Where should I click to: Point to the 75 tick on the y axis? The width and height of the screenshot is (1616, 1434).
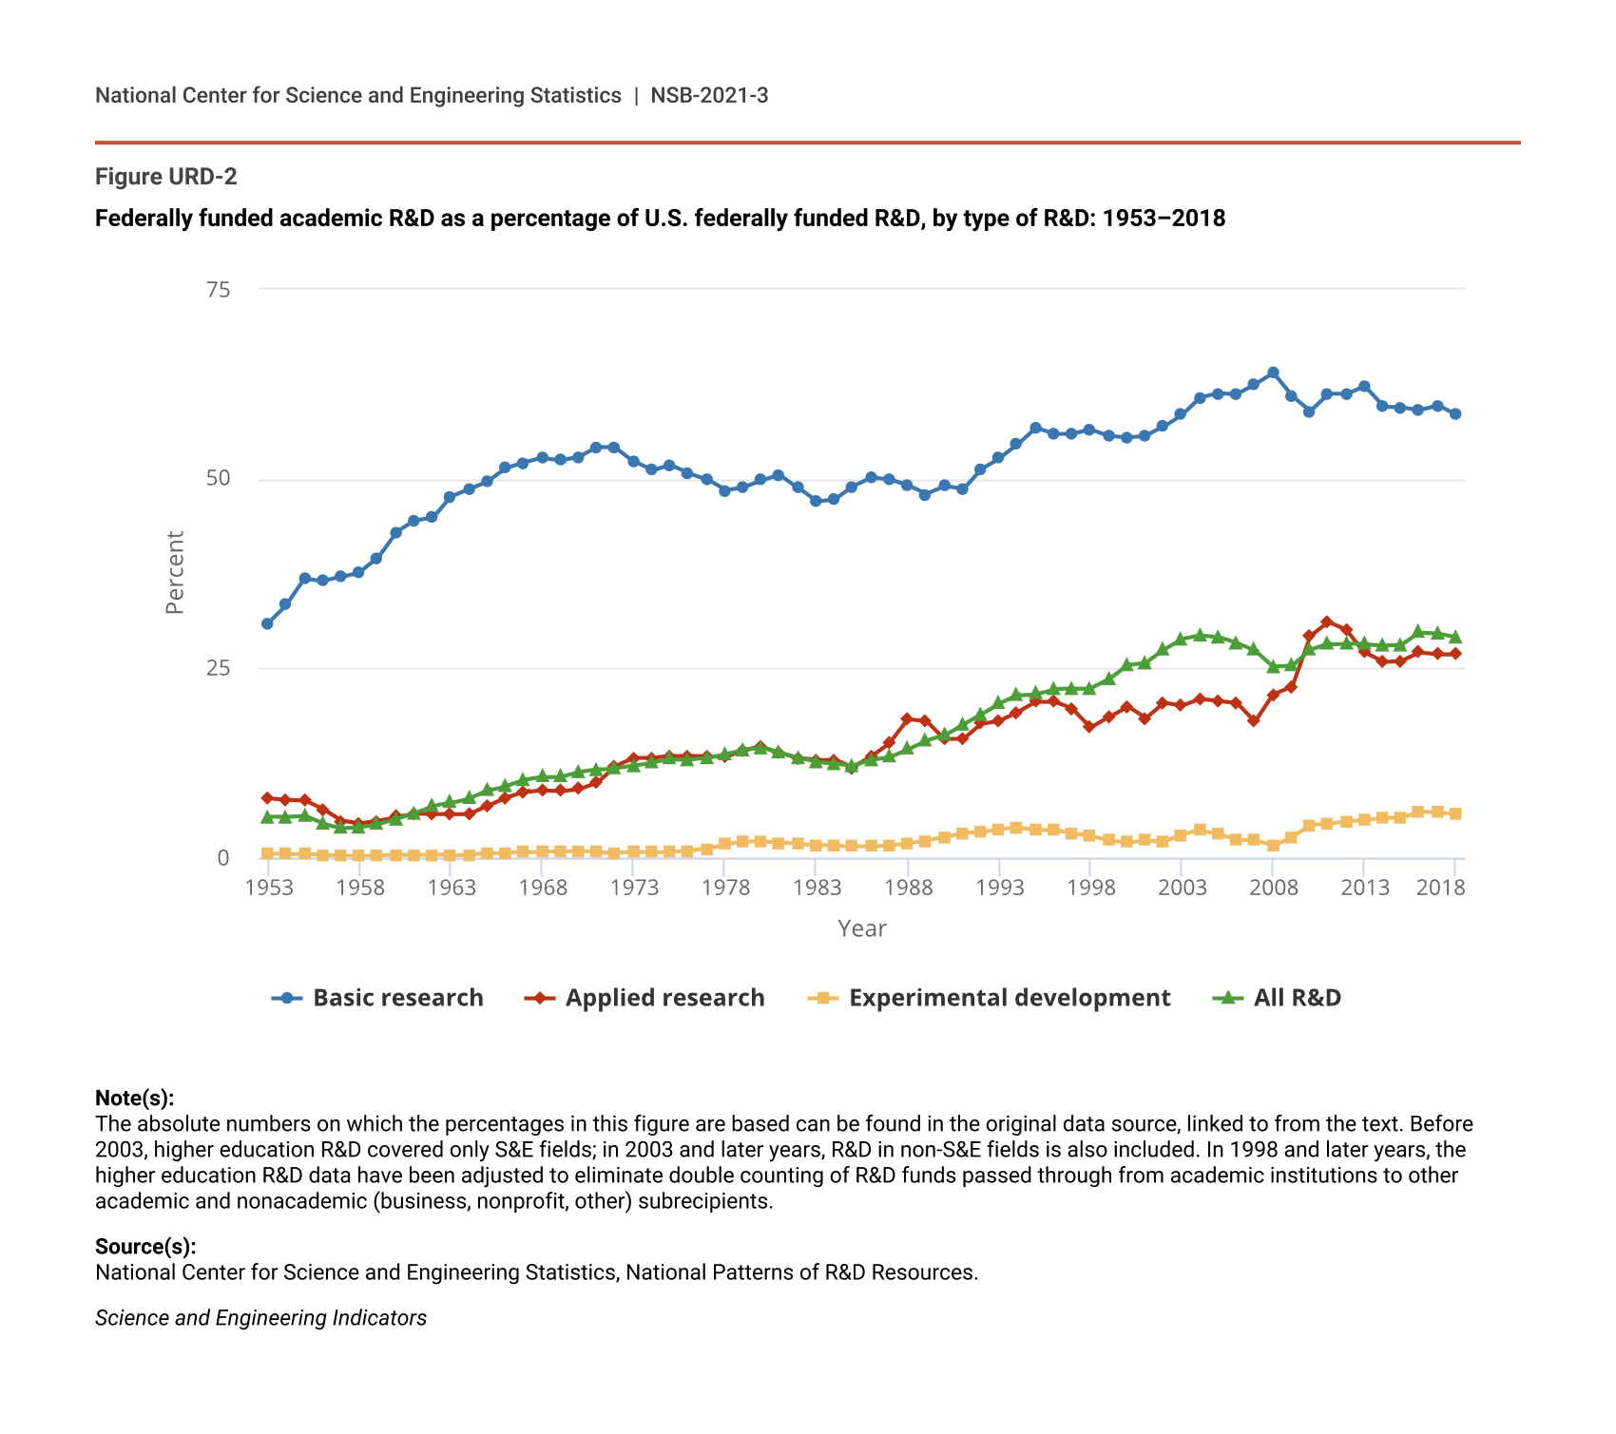click(219, 290)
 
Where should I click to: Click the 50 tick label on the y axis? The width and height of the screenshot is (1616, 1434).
click(219, 478)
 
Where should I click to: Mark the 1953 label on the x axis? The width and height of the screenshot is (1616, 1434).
click(268, 888)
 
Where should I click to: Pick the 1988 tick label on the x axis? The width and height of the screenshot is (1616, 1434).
click(908, 888)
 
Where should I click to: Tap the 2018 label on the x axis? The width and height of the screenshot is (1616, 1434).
click(1439, 888)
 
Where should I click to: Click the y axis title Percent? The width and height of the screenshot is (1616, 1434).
click(175, 572)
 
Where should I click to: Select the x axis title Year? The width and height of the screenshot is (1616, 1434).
click(861, 928)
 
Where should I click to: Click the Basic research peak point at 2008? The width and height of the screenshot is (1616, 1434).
click(1273, 373)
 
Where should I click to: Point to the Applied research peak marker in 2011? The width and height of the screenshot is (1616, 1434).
click(1327, 621)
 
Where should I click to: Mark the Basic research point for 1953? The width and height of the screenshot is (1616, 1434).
click(267, 623)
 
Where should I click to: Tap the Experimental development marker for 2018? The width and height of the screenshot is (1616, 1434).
click(1455, 813)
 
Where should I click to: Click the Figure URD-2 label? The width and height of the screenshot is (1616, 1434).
click(165, 177)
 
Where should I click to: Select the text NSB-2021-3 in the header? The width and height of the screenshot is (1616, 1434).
click(709, 95)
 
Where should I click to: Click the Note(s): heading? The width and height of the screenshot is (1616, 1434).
click(134, 1099)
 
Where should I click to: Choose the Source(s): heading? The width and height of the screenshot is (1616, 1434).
click(145, 1247)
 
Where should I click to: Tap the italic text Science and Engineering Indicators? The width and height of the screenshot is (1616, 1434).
click(260, 1318)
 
